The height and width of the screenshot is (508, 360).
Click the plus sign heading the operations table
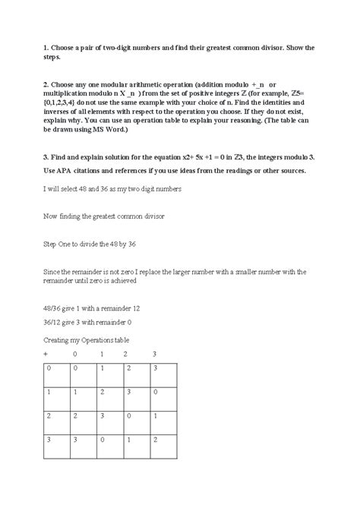46,354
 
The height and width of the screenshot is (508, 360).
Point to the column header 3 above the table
153,354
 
